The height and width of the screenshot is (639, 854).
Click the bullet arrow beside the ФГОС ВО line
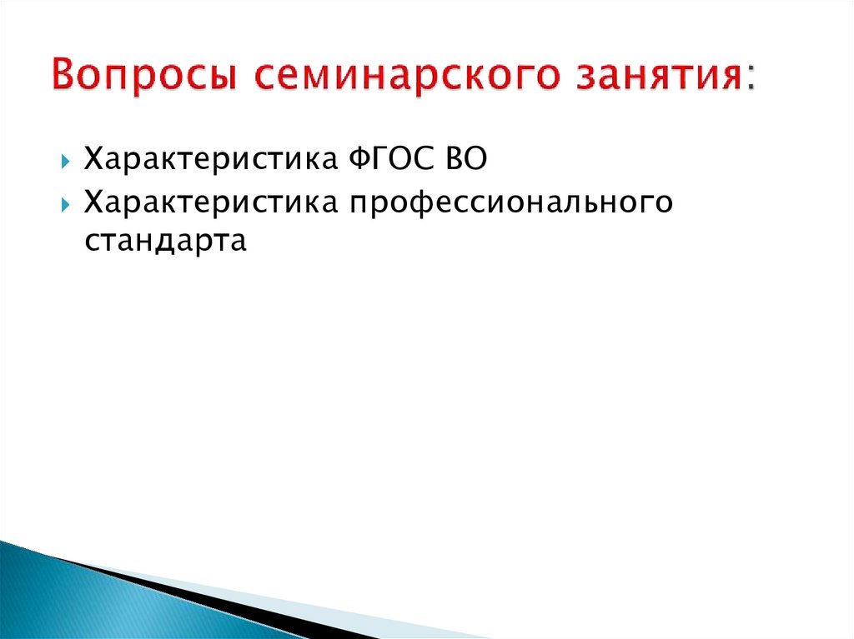click(x=66, y=159)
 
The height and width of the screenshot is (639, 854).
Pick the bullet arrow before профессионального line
click(x=66, y=204)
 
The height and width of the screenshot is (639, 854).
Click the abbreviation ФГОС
click(x=387, y=157)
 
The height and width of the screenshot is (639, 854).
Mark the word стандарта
click(x=166, y=241)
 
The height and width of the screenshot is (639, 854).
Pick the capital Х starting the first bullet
click(x=93, y=157)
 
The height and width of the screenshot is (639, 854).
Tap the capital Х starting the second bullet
click(x=93, y=202)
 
